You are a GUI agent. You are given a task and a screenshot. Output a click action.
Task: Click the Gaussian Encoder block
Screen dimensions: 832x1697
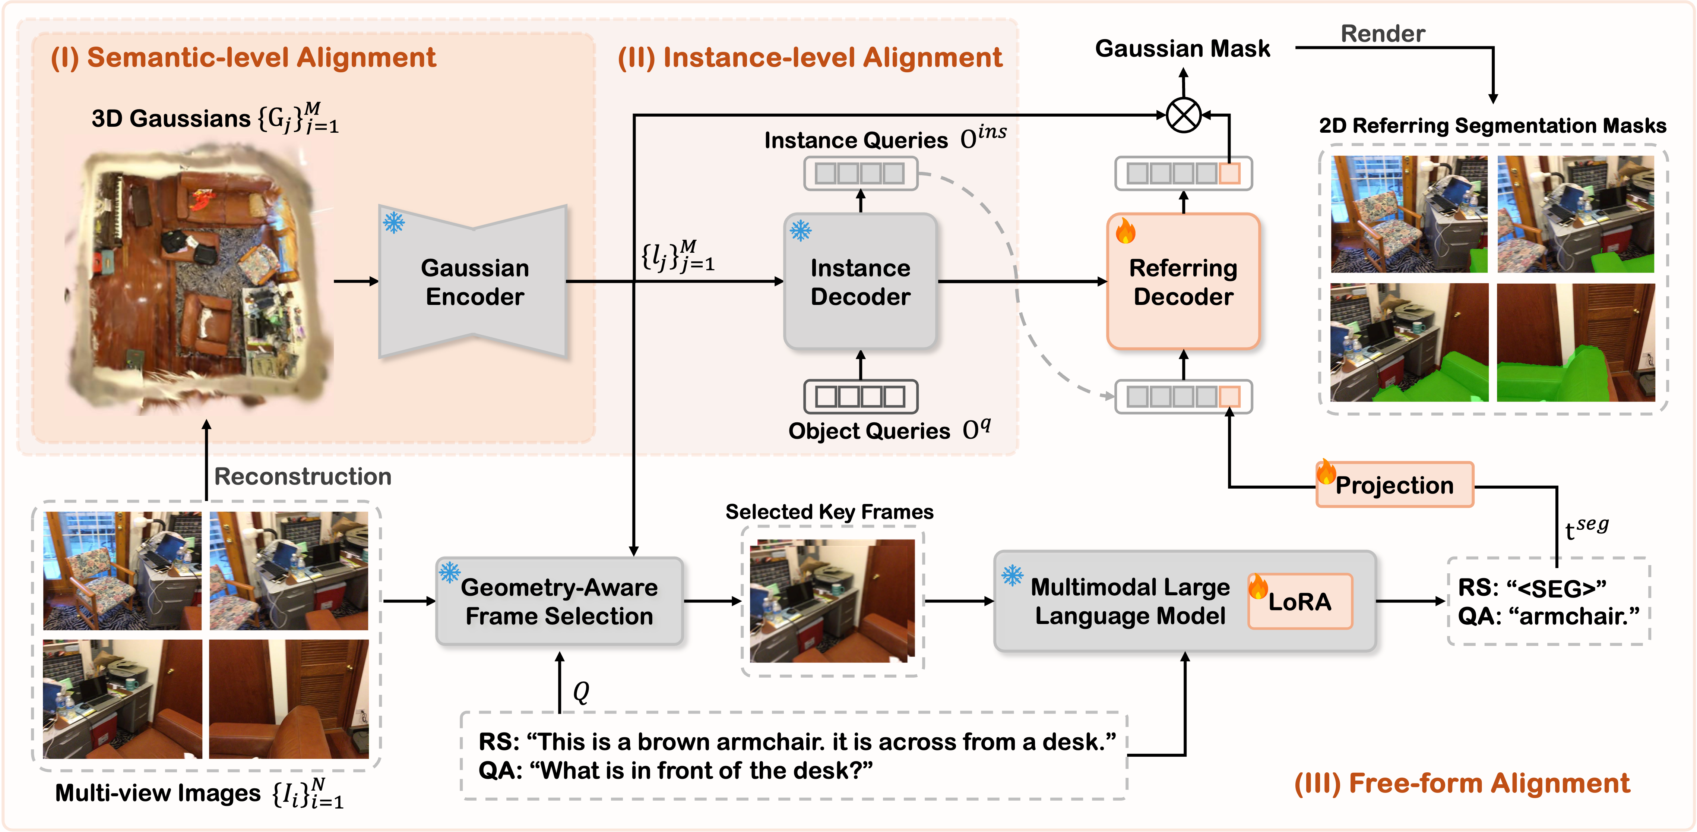pyautogui.click(x=474, y=282)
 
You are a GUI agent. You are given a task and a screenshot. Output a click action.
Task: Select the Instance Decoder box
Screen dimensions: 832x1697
pyautogui.click(x=860, y=282)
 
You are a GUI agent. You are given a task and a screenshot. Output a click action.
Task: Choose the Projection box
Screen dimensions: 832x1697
pyautogui.click(x=1394, y=485)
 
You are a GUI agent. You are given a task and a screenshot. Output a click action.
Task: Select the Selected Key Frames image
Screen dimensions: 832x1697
pyautogui.click(x=832, y=601)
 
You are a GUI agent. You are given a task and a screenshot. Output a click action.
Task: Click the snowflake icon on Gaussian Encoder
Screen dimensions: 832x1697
pyautogui.click(x=394, y=223)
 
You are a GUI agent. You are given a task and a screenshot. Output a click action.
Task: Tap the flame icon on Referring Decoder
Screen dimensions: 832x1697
pyautogui.click(x=1125, y=231)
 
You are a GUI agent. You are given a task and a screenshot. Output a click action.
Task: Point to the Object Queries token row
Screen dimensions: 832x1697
pyautogui.click(x=860, y=396)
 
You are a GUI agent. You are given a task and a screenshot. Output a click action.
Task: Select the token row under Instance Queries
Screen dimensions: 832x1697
pyautogui.click(x=860, y=173)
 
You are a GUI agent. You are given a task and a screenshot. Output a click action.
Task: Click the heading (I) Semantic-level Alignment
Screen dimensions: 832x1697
pyautogui.click(x=243, y=57)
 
